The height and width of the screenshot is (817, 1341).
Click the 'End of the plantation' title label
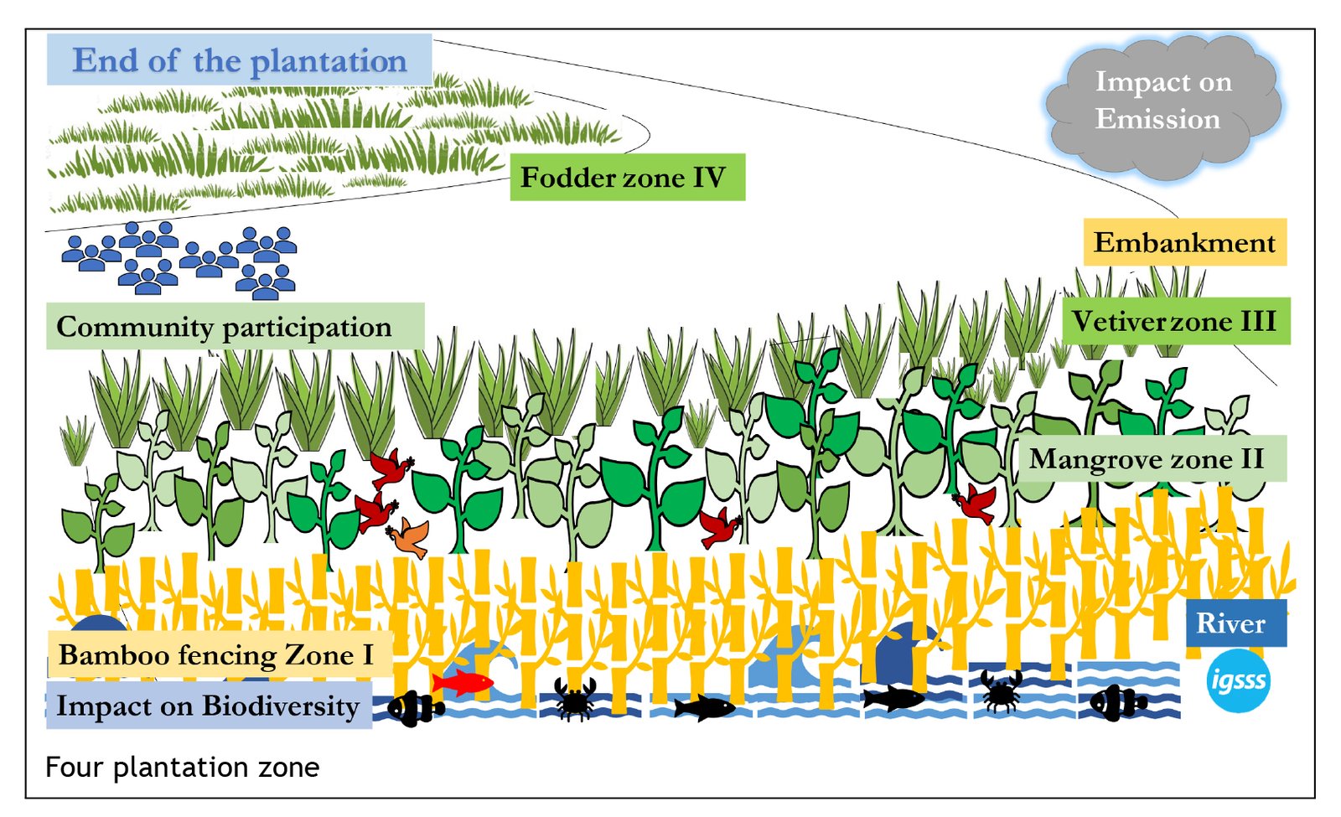point(239,60)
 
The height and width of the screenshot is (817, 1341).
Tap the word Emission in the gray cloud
point(1157,119)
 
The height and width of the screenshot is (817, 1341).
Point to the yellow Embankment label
point(1183,243)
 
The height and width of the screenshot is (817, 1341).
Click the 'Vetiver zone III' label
point(1175,322)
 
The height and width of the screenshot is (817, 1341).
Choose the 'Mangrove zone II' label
point(1147,459)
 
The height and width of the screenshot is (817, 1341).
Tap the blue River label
point(1230,623)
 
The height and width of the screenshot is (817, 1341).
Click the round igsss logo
point(1238,681)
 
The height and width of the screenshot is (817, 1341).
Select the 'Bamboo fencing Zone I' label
point(216,654)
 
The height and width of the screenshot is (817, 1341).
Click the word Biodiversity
point(281,706)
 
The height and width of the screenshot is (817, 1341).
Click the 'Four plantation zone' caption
point(182,767)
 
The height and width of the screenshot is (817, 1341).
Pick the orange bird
point(409,536)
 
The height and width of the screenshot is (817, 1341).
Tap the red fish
point(463,682)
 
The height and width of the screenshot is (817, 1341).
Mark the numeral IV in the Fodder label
point(708,178)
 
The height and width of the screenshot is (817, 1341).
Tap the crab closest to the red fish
point(575,698)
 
